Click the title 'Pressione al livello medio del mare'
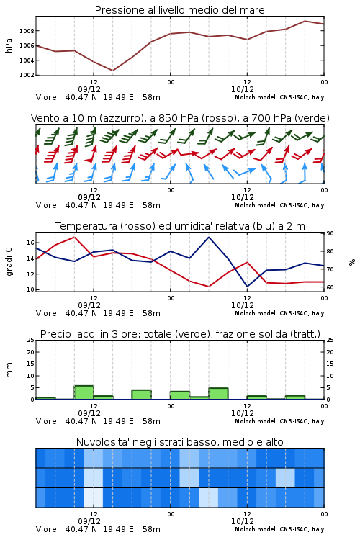pyautogui.click(x=179, y=10)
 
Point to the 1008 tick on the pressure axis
pyautogui.click(x=27, y=31)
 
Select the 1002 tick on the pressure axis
pyautogui.click(x=27, y=75)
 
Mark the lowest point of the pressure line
pyautogui.click(x=112, y=71)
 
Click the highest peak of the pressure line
pyautogui.click(x=305, y=21)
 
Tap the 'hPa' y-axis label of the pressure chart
pyautogui.click(x=9, y=45)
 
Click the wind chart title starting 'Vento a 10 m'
pyautogui.click(x=180, y=118)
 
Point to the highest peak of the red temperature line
pyautogui.click(x=74, y=237)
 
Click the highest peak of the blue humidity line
pyautogui.click(x=209, y=237)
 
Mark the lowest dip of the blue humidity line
pyautogui.click(x=247, y=287)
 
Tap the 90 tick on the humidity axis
pyautogui.click(x=330, y=233)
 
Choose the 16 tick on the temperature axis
pyautogui.click(x=30, y=243)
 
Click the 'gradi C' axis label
pyautogui.click(x=9, y=262)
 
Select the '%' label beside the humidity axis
pyautogui.click(x=352, y=262)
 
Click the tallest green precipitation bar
pyautogui.click(x=84, y=392)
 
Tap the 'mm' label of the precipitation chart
pyautogui.click(x=9, y=369)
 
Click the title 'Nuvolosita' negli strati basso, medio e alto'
pyautogui.click(x=179, y=442)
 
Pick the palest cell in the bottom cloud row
pyautogui.click(x=94, y=498)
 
